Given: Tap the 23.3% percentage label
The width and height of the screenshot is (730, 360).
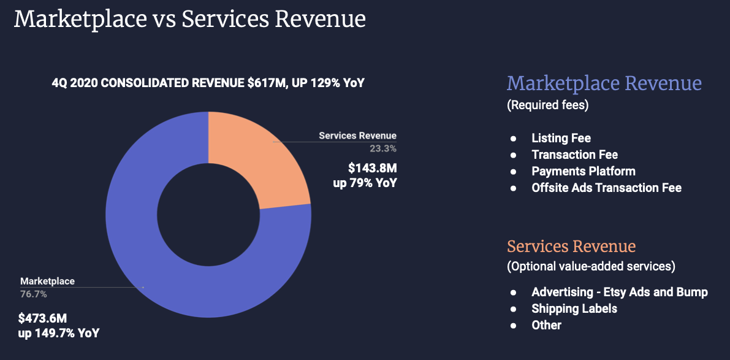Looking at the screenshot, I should [x=383, y=148].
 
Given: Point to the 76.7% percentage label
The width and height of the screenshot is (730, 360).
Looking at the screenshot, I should [x=34, y=294].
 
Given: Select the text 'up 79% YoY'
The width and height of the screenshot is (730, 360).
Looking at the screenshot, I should [x=365, y=183].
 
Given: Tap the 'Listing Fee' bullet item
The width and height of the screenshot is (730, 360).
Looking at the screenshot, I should [x=561, y=138].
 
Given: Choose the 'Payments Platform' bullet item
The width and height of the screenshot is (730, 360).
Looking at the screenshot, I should [x=583, y=171].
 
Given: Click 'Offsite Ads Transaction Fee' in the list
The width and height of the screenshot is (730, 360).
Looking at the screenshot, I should [x=606, y=188].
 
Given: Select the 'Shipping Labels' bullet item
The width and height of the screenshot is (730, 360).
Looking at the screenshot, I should [x=574, y=308].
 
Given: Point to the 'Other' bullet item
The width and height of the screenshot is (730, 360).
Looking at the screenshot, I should [x=546, y=325].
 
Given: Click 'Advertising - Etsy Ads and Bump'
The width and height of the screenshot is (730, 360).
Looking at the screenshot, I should [x=619, y=292].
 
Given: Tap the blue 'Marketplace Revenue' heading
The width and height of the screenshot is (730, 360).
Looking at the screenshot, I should [x=604, y=83].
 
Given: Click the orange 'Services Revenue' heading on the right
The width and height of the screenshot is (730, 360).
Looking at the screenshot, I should [x=571, y=247].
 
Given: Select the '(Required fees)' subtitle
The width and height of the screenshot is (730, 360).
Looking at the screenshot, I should [x=547, y=105].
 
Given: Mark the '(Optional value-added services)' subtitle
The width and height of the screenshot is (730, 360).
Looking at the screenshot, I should [x=591, y=267].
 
